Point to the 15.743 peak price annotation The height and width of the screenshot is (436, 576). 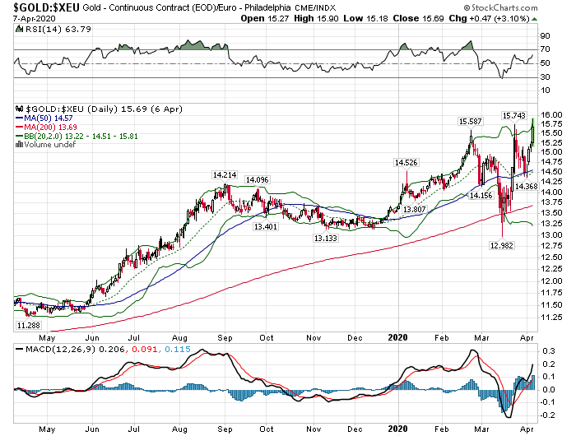click(x=517, y=115)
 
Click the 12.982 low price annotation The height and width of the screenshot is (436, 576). click(x=502, y=245)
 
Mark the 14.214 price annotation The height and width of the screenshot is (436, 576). click(x=224, y=174)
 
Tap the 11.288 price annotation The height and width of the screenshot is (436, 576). click(x=30, y=326)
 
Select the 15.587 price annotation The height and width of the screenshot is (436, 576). click(x=471, y=121)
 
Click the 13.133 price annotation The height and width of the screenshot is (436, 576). click(x=327, y=238)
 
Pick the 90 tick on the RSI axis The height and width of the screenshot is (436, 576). click(x=545, y=37)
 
